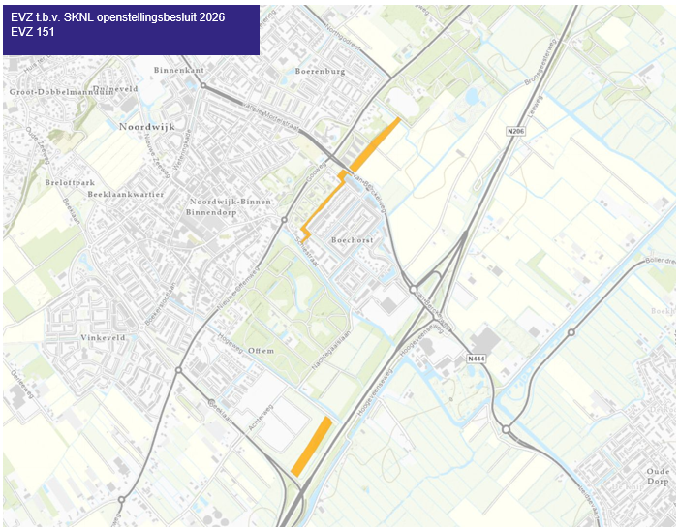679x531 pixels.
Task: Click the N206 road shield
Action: click(x=514, y=130)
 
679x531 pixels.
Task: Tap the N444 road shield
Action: click(x=475, y=359)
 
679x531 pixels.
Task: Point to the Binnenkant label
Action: click(x=179, y=71)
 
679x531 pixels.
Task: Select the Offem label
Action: click(x=261, y=350)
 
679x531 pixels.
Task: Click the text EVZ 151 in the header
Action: click(x=32, y=32)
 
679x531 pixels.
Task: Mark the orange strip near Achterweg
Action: click(x=312, y=446)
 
